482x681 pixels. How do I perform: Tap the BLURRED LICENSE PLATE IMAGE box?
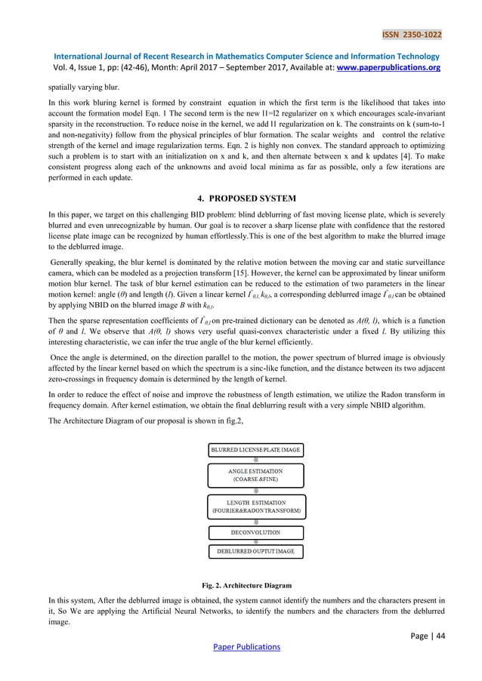click(x=256, y=450)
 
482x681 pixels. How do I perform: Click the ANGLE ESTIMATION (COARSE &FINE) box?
click(x=256, y=476)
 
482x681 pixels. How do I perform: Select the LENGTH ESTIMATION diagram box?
click(x=256, y=507)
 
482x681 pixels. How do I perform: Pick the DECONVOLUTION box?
click(x=256, y=532)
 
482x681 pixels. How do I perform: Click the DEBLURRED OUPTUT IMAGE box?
click(x=256, y=552)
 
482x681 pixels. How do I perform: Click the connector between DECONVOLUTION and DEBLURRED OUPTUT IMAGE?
click(x=256, y=542)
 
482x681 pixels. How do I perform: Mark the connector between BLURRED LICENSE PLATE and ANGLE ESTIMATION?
click(x=256, y=459)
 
